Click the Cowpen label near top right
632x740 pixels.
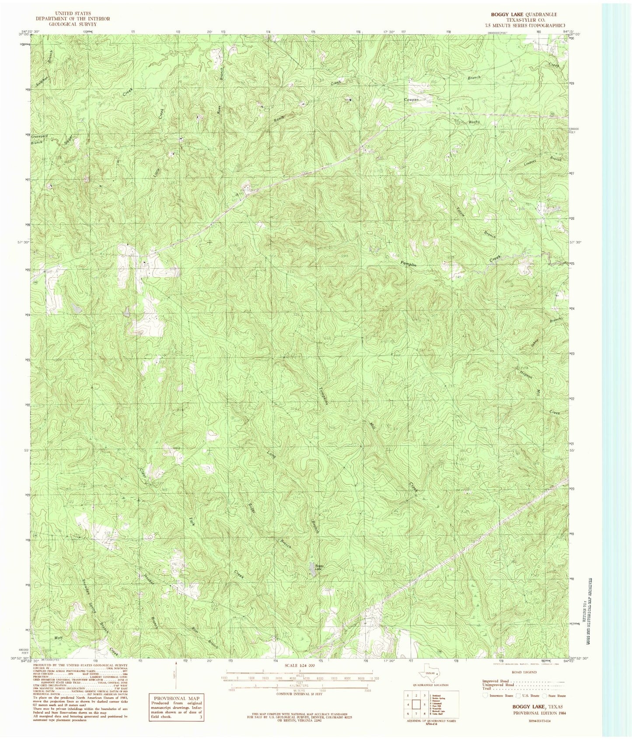pos(411,100)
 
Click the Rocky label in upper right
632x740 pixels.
pos(475,122)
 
